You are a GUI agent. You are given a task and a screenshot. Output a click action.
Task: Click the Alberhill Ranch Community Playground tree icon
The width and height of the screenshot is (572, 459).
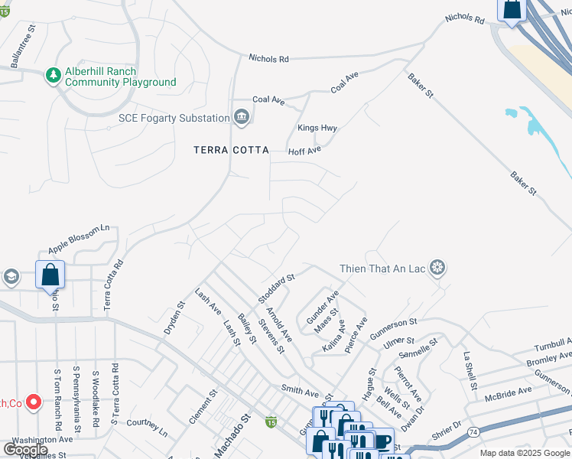coord(53,75)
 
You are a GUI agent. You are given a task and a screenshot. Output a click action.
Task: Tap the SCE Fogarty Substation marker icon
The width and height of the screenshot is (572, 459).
coord(242,117)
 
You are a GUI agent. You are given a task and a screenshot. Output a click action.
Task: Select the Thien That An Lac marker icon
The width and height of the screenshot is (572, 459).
coord(438,269)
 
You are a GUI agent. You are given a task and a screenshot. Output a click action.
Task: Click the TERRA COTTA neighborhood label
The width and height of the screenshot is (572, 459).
coord(231,151)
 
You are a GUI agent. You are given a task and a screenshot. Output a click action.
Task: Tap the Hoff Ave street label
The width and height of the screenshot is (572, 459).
coord(304,151)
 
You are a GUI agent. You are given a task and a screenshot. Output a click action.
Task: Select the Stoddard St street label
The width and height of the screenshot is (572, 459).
coord(277,289)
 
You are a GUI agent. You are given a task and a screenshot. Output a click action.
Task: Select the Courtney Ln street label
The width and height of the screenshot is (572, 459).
coord(147,423)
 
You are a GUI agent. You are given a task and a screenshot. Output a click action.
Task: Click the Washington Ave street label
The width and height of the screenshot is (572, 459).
coord(42,440)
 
